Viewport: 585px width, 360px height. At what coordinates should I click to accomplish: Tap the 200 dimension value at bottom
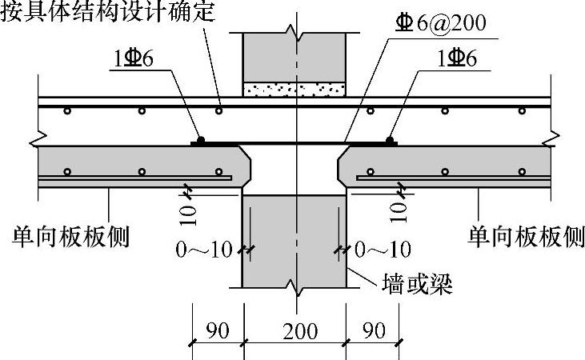pos(295,330)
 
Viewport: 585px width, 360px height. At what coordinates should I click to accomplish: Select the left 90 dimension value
pos(217,330)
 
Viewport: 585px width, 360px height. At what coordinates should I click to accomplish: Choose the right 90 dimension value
pos(373,330)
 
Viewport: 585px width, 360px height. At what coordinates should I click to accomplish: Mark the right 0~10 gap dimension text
pos(383,250)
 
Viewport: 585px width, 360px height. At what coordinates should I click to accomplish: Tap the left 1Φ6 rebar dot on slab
pos(202,140)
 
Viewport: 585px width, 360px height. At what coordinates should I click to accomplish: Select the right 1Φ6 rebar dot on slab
pos(390,140)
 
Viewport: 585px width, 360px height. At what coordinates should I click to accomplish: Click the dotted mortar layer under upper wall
pos(295,89)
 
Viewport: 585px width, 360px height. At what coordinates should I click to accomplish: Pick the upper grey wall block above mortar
pos(295,56)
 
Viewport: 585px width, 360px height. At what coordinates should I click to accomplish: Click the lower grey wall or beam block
pos(295,240)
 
